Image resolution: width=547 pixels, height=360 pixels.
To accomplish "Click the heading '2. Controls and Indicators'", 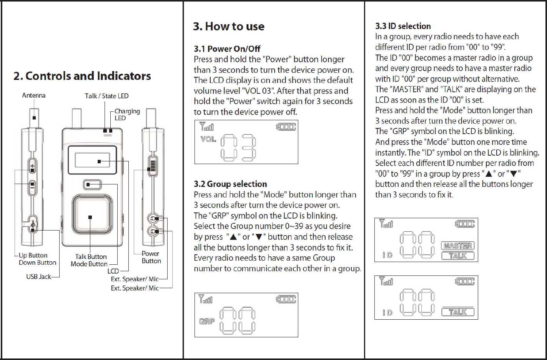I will [x=82, y=76].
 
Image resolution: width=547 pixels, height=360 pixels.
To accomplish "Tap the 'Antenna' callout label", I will [x=33, y=95].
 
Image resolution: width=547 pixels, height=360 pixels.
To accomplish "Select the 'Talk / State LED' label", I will [x=106, y=96].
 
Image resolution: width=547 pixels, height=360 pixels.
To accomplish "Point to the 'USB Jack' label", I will [x=38, y=277].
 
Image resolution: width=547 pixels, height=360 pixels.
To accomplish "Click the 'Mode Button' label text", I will [x=89, y=264].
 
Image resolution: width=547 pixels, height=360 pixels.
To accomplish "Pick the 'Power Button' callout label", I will [x=151, y=257].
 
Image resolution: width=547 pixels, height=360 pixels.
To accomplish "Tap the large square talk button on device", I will [x=90, y=217].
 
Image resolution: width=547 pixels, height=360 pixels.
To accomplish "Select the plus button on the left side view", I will [x=33, y=167].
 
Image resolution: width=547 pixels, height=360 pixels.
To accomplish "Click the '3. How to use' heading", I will [x=229, y=26].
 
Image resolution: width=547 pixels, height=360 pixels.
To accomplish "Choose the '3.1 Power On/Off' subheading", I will [x=227, y=49].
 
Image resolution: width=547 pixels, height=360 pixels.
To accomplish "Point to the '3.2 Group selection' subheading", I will [x=230, y=184].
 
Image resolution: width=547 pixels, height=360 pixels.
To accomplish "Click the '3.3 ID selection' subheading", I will [x=403, y=26].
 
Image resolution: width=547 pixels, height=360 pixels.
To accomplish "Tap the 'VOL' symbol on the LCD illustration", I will [x=208, y=139].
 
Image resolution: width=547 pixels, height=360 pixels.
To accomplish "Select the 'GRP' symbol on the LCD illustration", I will [x=207, y=321].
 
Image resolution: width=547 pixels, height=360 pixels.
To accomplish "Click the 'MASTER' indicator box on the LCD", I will [x=457, y=246].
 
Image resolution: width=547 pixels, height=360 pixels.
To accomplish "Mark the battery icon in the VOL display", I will [x=286, y=127].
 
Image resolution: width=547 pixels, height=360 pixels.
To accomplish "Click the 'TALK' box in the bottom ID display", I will [x=457, y=312].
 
